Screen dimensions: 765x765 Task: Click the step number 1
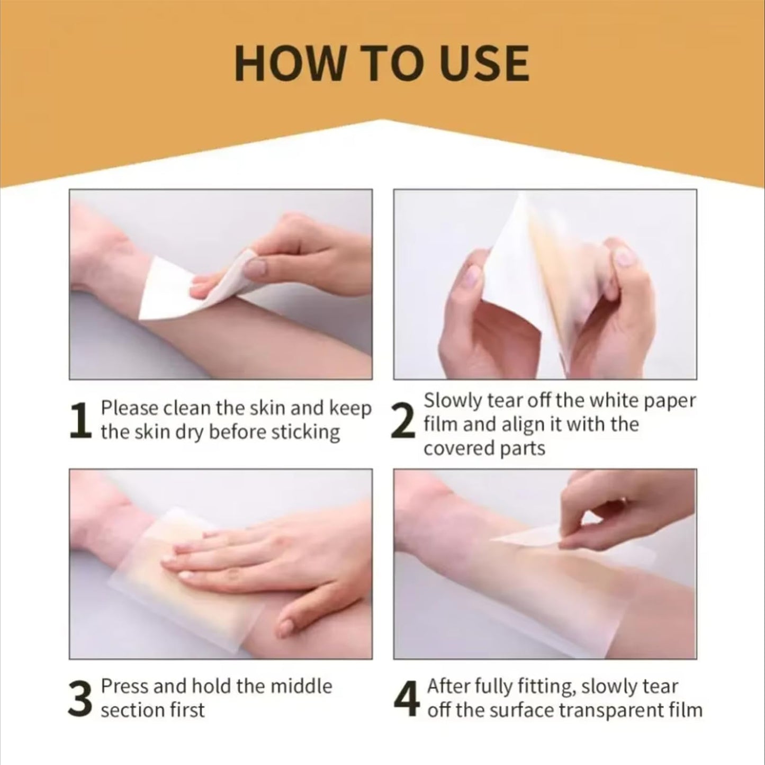[x=80, y=421]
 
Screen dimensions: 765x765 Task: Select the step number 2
[x=403, y=424]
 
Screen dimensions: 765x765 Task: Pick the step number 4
[x=407, y=699]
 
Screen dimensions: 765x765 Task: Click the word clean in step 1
[x=186, y=409]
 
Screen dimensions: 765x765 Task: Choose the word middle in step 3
[x=301, y=686]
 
